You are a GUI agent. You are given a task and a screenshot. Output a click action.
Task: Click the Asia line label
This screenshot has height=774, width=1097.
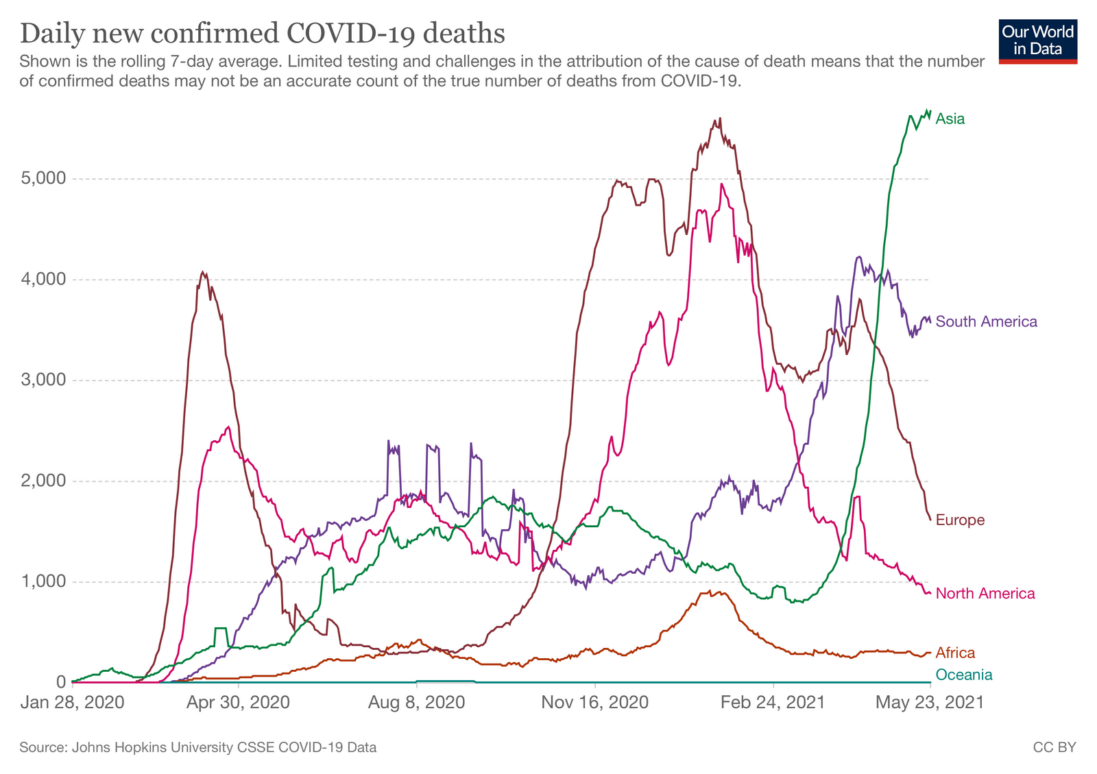pos(950,119)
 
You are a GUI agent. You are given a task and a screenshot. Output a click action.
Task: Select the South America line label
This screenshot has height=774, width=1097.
pos(986,322)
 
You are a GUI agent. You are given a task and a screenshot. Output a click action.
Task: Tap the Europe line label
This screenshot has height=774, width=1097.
pos(960,520)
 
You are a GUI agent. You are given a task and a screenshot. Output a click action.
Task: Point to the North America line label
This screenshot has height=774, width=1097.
pos(985,593)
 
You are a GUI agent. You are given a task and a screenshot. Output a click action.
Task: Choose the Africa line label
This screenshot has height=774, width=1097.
pos(954,653)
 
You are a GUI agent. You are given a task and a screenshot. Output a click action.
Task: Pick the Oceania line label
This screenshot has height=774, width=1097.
pos(963,675)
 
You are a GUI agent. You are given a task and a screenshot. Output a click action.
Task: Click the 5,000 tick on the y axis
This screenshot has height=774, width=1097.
pos(43,179)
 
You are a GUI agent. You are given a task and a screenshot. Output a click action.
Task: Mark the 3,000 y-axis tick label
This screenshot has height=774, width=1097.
pos(43,380)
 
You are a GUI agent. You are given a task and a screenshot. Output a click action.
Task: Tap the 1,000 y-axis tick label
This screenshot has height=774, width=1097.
pos(43,582)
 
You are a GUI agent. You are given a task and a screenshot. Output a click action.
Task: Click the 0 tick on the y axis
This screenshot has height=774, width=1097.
pos(61,682)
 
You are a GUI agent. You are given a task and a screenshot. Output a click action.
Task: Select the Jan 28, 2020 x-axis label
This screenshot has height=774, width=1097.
pos(72,703)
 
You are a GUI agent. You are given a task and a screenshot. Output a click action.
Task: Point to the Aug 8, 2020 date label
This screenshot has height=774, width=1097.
pos(416,703)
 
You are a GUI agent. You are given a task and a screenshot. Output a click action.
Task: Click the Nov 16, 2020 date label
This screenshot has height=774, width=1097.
pos(594,703)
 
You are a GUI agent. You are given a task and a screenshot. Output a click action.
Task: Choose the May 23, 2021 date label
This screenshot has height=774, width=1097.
pos(930,703)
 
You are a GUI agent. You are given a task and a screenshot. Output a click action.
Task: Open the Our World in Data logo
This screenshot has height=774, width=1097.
pos(1037,41)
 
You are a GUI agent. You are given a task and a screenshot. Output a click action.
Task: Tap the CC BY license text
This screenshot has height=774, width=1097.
pos(1054,747)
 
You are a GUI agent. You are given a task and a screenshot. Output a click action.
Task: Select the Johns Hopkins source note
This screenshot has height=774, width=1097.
pos(197,747)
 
